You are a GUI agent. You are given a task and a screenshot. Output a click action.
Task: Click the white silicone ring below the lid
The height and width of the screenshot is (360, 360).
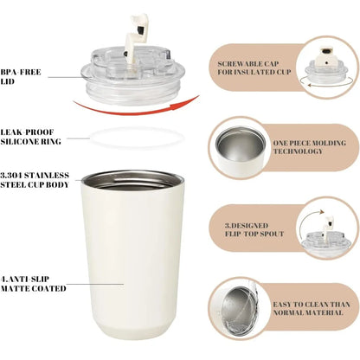click(137, 136)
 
